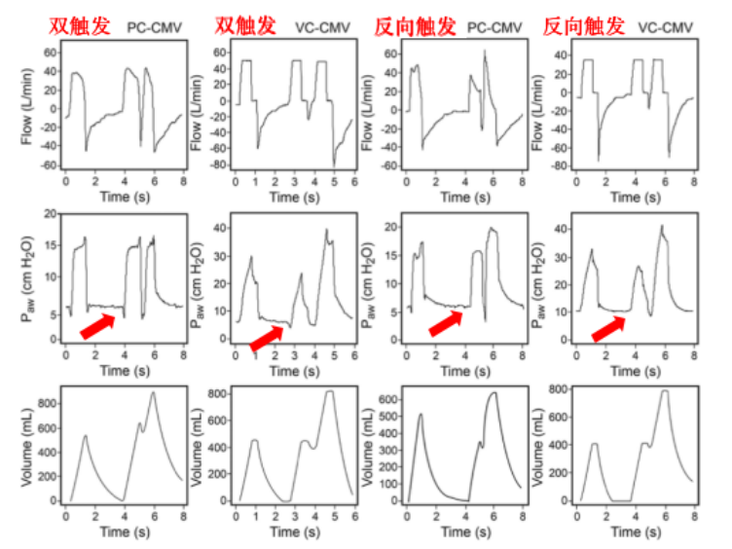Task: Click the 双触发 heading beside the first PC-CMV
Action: [x=82, y=25]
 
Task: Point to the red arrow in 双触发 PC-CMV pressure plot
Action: [x=102, y=325]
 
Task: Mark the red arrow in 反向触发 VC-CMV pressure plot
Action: [x=609, y=329]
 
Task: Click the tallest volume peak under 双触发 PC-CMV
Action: [x=152, y=393]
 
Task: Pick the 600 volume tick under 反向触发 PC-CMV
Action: [x=386, y=399]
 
